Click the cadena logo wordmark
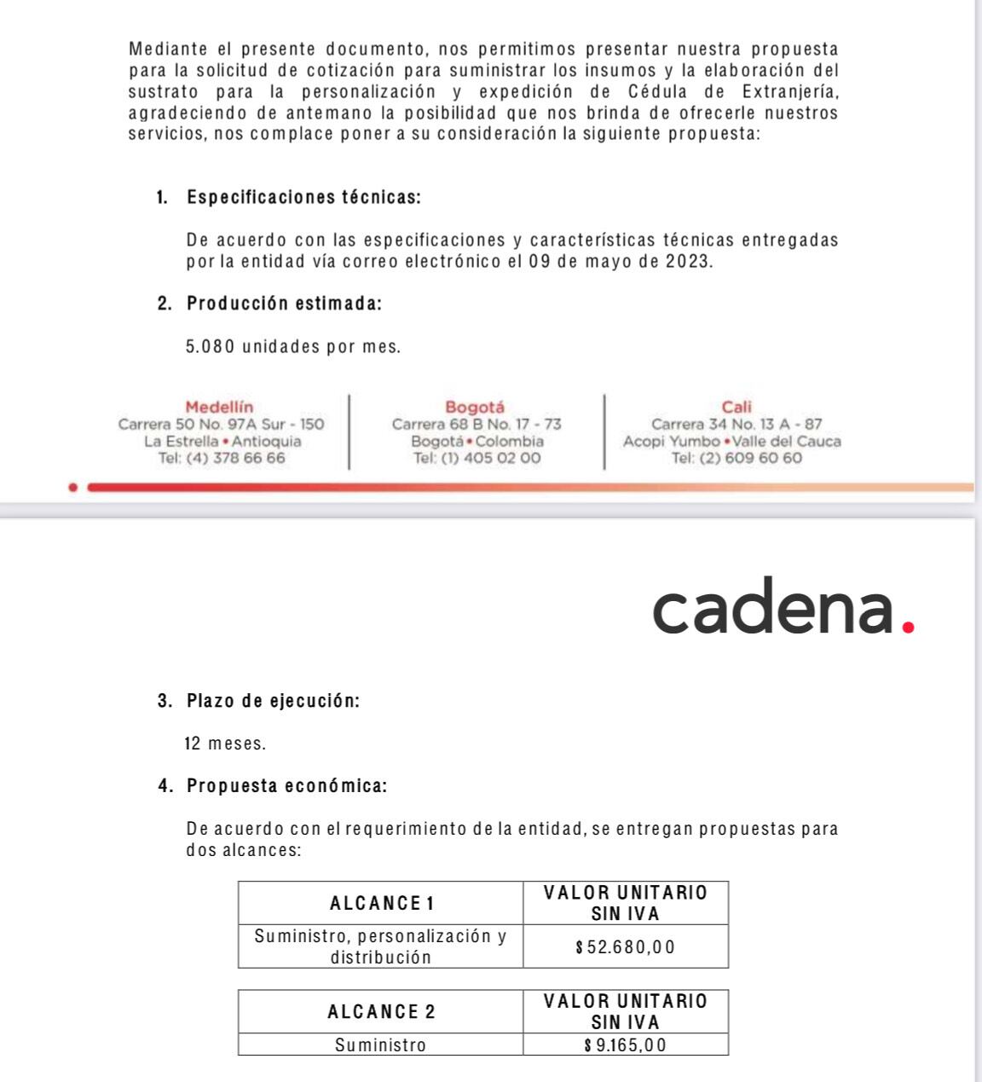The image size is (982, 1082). point(774,606)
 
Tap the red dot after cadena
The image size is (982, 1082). point(908,628)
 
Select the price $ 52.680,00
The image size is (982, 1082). point(626,946)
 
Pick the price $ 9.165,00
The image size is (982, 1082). point(626,1044)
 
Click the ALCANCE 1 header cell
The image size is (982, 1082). point(381,903)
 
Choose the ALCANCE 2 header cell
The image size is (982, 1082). point(381,1012)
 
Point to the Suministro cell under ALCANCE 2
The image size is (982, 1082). point(380,1044)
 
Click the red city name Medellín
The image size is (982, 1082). point(219,408)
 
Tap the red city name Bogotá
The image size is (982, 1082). point(475,408)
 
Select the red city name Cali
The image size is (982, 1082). point(736,408)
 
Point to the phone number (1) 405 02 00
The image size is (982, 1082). point(489,458)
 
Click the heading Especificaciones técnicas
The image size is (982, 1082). point(303,198)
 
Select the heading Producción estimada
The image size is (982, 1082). point(284,304)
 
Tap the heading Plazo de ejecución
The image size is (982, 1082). point(273,702)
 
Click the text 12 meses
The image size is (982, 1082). point(225,744)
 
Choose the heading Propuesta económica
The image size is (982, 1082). point(286,786)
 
